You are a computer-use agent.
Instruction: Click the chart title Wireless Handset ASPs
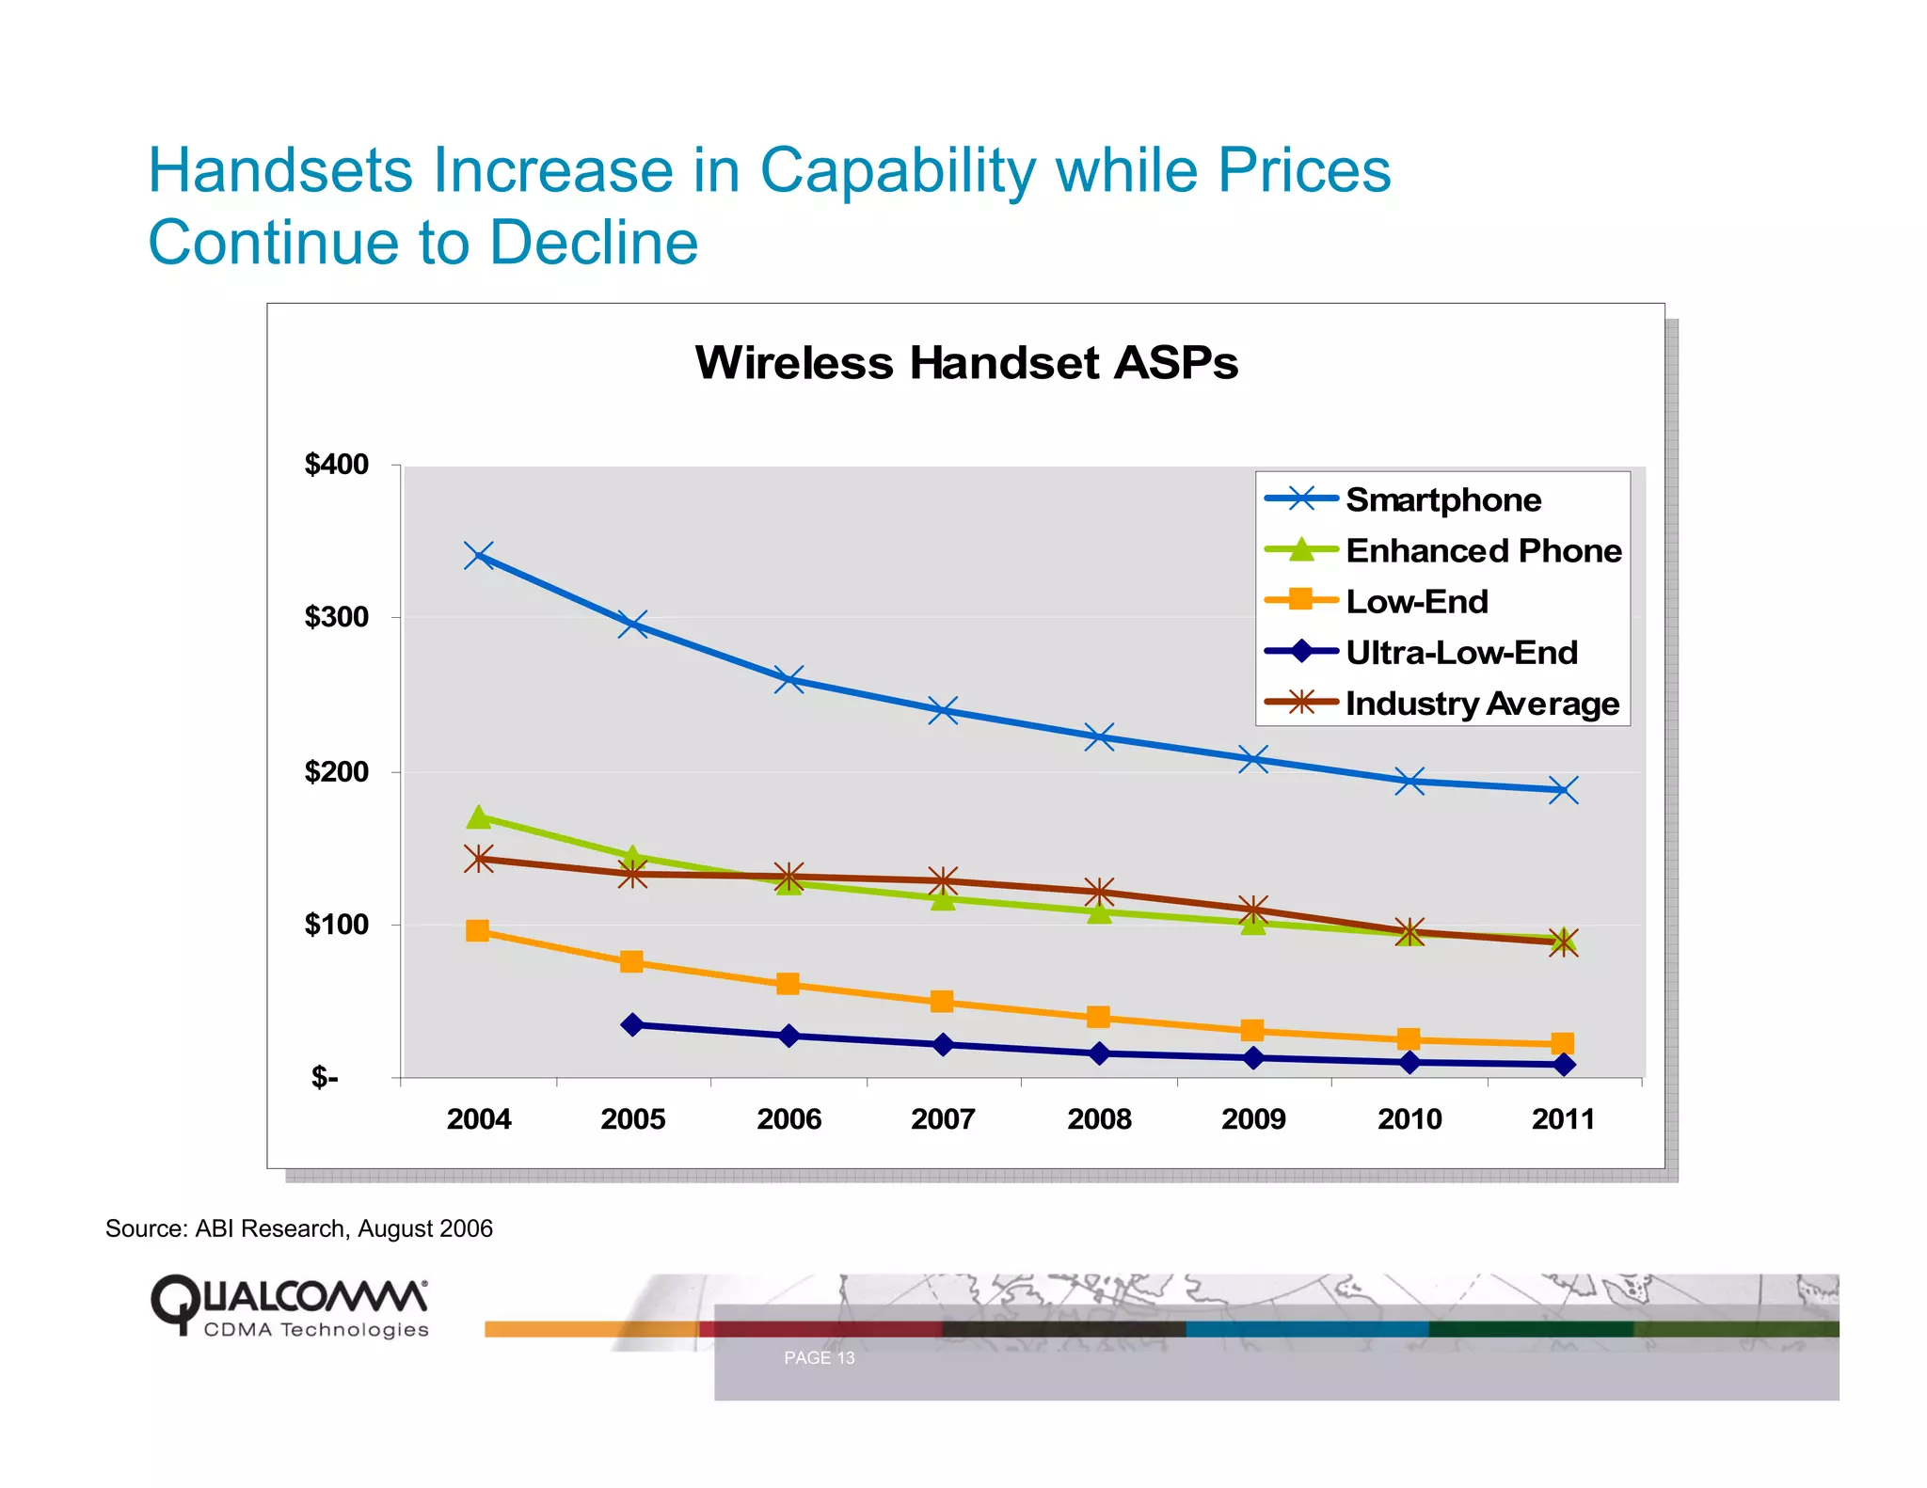pos(966,363)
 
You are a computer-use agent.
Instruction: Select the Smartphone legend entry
pos(1442,499)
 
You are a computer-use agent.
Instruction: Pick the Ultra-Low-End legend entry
pos(1460,652)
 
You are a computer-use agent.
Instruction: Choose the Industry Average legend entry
pos(1481,704)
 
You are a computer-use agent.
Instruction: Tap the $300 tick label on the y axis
pos(336,617)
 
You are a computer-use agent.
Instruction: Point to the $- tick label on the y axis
pos(325,1077)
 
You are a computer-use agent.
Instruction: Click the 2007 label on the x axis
pos(943,1119)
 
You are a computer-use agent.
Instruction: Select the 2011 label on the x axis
pos(1563,1119)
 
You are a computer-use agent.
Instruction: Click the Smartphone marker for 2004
pos(479,556)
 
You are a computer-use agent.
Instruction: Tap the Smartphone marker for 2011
pos(1563,790)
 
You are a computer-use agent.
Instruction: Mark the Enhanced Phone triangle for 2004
pos(479,816)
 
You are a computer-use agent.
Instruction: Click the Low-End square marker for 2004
pos(478,931)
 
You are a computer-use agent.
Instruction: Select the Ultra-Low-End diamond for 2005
pos(633,1024)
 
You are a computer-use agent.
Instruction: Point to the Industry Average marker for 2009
pos(1253,910)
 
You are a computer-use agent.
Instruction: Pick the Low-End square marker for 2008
pos(1098,1017)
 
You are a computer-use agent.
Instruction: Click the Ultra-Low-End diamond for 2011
pos(1564,1065)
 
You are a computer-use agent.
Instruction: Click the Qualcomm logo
pos(290,1306)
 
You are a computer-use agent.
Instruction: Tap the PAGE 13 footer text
pos(819,1358)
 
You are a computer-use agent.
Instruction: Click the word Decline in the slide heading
pos(594,243)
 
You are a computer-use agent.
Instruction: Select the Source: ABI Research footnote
pos(298,1228)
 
